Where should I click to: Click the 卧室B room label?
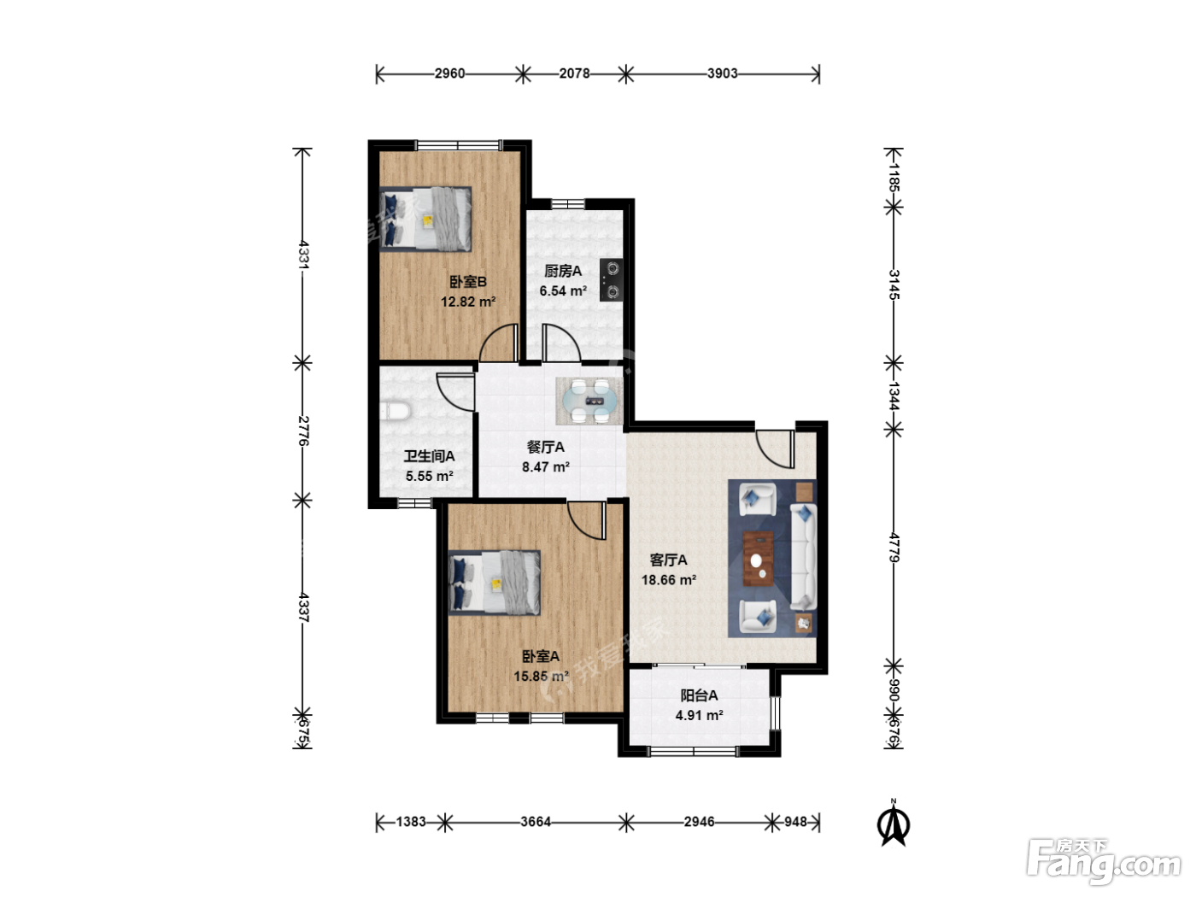[467, 282]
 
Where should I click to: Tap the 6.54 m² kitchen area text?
[563, 290]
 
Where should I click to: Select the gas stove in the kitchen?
[612, 280]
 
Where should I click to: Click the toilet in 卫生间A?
[395, 411]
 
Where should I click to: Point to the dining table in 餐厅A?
[589, 402]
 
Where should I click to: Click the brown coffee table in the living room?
[758, 559]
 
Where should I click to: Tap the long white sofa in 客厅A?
[803, 557]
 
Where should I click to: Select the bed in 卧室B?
[425, 219]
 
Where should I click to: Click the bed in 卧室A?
[494, 583]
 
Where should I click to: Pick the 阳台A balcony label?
[699, 695]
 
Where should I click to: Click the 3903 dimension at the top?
[723, 73]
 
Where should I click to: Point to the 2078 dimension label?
[574, 73]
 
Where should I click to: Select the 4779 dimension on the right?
[894, 548]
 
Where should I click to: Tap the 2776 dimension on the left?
[303, 431]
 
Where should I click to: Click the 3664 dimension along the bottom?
[536, 822]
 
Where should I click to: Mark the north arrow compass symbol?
[894, 824]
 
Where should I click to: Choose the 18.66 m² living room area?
[669, 579]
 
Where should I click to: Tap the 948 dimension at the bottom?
[795, 822]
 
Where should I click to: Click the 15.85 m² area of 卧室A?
[541, 676]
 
